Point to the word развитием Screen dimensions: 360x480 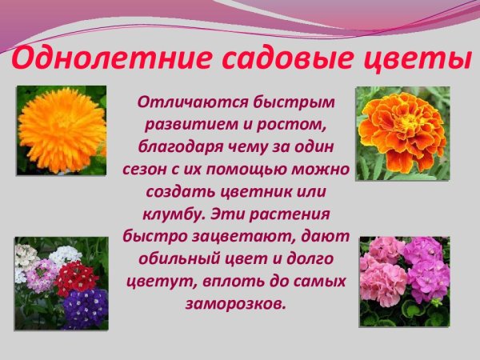181,125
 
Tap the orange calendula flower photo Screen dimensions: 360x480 62,130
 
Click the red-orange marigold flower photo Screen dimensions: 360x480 402,133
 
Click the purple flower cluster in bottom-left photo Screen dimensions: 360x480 85,306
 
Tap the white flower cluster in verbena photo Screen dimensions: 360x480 66,255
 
